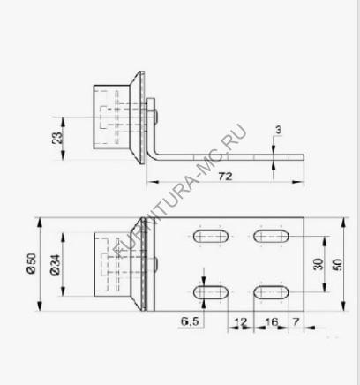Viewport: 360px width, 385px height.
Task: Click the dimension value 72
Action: point(225,177)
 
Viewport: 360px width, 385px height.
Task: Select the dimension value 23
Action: point(57,138)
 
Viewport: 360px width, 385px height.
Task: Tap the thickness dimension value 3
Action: point(278,130)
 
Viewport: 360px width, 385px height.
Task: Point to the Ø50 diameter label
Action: point(32,263)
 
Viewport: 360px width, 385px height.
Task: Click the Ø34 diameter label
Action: point(55,265)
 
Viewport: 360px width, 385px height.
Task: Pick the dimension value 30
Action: point(318,264)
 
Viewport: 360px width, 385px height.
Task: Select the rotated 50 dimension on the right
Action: point(337,264)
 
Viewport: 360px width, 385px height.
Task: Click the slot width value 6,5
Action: point(190,321)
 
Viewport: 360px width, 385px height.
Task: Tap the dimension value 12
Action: point(241,321)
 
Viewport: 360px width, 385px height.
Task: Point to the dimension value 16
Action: point(272,321)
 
